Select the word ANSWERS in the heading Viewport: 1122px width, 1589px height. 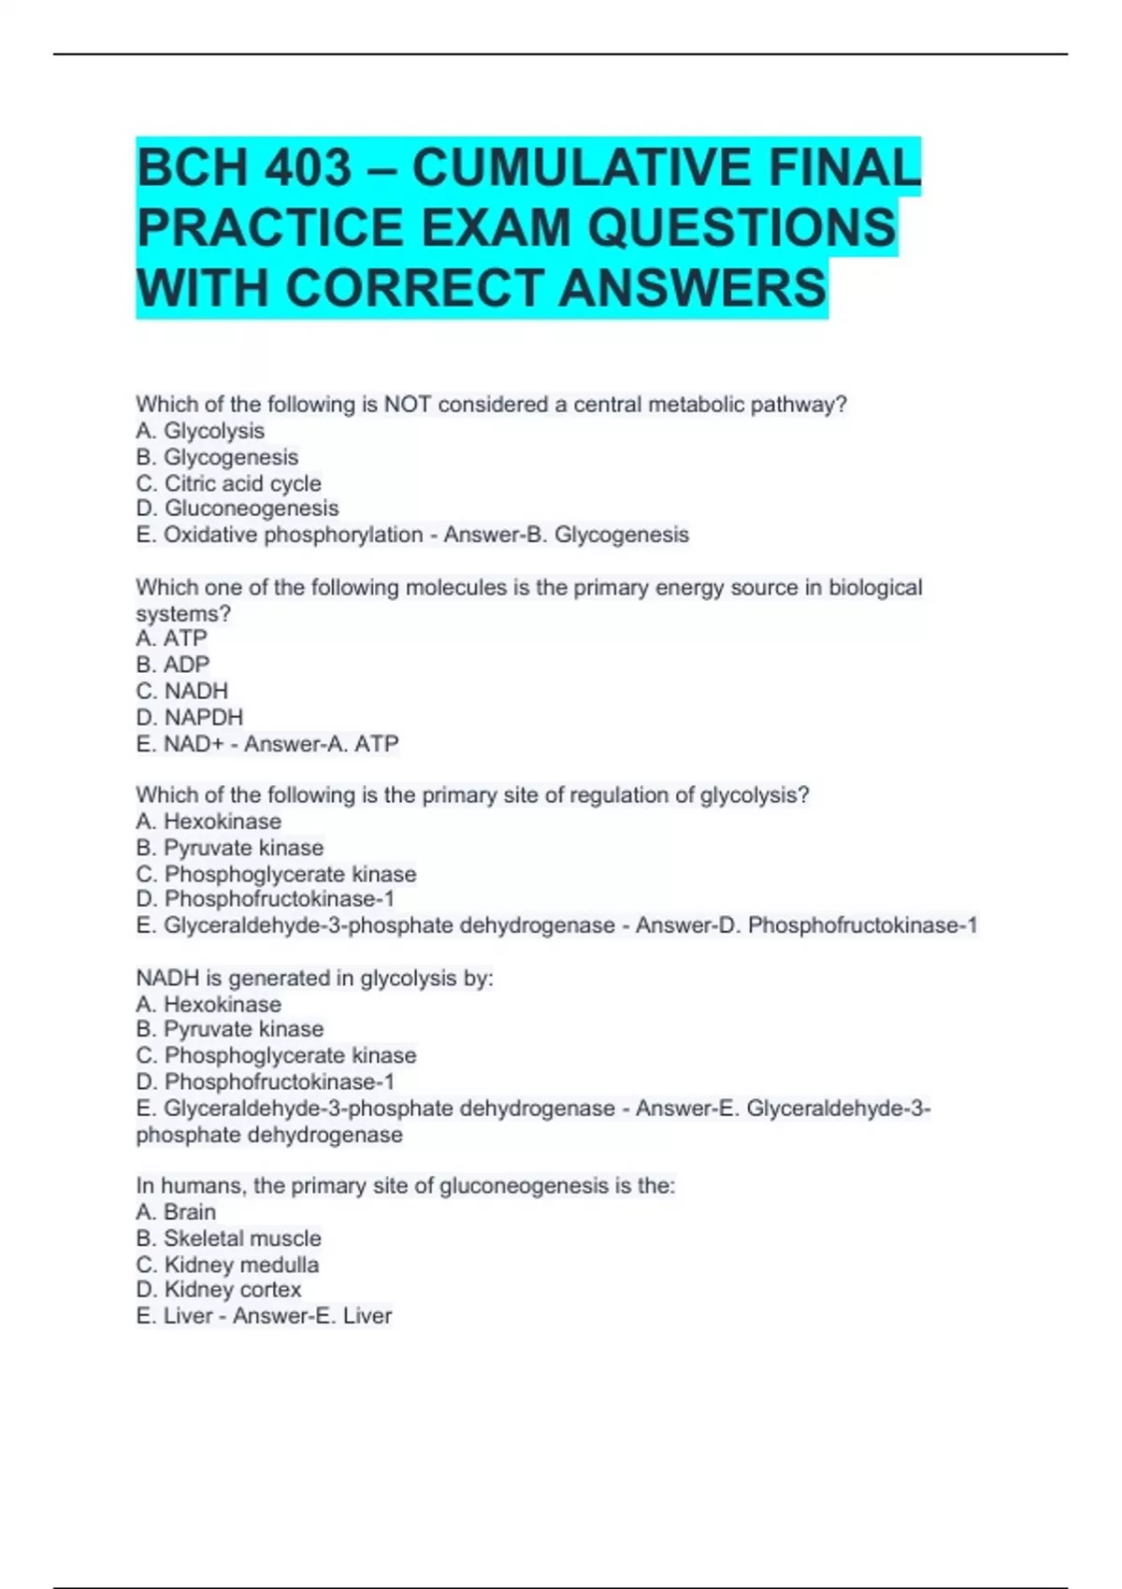693,287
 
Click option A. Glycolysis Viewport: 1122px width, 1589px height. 200,431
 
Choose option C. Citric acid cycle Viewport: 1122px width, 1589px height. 228,483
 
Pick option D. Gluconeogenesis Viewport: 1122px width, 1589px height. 237,508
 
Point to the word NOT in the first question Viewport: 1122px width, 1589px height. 407,405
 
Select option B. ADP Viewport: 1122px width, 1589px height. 173,665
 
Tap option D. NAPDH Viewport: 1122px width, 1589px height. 189,717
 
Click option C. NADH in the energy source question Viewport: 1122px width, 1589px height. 181,691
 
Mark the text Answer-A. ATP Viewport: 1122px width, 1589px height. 322,744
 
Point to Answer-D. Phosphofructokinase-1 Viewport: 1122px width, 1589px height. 806,925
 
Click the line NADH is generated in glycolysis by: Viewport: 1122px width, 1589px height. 314,979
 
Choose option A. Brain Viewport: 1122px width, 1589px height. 176,1212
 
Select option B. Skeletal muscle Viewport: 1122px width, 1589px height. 228,1238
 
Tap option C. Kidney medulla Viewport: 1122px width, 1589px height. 227,1265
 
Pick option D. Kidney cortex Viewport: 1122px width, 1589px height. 219,1290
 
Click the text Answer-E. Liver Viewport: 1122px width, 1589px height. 312,1316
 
